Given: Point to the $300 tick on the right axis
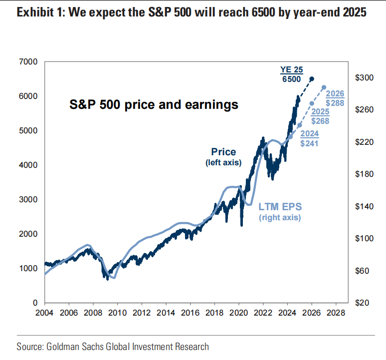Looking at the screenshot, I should pos(364,78).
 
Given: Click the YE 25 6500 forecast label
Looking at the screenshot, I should pos(291,74).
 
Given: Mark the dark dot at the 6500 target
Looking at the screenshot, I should pos(312,79).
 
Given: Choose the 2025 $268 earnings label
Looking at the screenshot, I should pos(320,116).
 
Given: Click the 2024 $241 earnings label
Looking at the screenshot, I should pos(310,138).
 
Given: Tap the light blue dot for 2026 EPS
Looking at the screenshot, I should pos(324,87).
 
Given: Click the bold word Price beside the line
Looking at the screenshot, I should pos(223,152).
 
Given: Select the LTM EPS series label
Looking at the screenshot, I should pos(280,206).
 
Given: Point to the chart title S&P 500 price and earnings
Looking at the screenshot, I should pos(153,105).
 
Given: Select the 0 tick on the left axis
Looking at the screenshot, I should pos(36,303).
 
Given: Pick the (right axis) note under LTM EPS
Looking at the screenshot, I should pos(280,218).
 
